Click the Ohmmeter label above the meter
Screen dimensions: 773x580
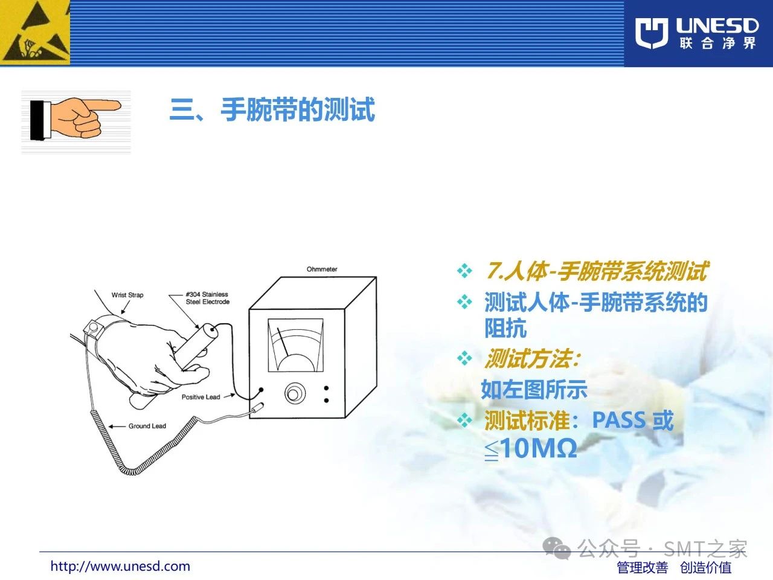[x=322, y=269]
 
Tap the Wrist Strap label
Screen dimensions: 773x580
[x=127, y=295]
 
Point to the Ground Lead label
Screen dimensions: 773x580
[x=147, y=426]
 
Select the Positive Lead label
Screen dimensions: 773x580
[x=200, y=397]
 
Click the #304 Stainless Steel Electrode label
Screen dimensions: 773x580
[x=207, y=298]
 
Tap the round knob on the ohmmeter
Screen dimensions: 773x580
[x=295, y=393]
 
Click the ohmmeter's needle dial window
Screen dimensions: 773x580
[x=295, y=346]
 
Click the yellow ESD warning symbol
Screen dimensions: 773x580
[x=35, y=33]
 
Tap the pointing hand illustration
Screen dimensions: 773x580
[x=75, y=119]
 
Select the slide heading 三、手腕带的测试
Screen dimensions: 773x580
[x=272, y=109]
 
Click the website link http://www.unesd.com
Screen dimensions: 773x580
[x=120, y=566]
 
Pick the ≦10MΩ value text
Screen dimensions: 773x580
[x=530, y=449]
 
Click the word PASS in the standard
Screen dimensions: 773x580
[x=619, y=420]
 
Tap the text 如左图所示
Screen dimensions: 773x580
[x=534, y=390]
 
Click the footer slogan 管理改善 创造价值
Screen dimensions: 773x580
[x=674, y=568]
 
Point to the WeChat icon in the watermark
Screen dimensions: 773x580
[x=556, y=549]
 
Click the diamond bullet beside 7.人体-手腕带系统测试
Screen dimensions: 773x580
[x=464, y=271]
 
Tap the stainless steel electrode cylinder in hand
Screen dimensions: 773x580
[x=196, y=347]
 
